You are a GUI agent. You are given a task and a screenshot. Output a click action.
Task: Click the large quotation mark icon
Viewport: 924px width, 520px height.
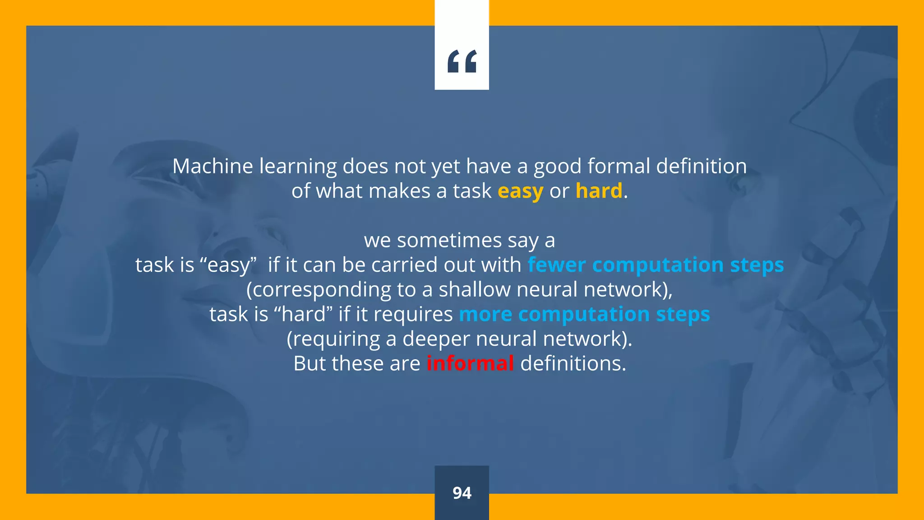click(x=462, y=61)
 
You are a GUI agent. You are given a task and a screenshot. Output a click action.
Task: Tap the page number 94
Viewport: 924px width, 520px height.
click(x=462, y=493)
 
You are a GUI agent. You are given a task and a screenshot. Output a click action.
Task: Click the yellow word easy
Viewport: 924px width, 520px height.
click(x=520, y=191)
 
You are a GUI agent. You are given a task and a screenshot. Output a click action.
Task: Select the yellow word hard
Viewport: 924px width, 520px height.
click(x=599, y=191)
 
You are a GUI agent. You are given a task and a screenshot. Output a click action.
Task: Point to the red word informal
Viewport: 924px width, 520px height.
click(x=470, y=363)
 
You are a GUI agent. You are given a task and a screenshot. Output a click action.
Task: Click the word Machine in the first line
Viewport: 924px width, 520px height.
click(x=214, y=166)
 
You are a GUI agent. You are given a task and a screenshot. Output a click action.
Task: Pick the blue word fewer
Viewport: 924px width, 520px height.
click(x=557, y=265)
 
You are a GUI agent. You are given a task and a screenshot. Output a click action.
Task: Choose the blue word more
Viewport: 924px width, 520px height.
click(x=485, y=314)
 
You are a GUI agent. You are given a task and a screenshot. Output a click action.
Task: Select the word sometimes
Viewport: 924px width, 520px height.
click(x=449, y=240)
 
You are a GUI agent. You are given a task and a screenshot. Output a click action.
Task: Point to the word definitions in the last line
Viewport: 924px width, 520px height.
click(x=573, y=363)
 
